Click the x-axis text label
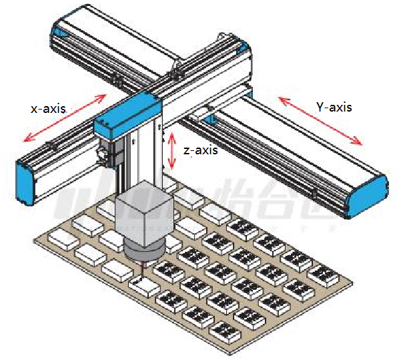coord(51,108)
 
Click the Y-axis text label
coord(333,107)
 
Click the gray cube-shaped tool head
coord(143,214)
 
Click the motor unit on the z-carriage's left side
coord(105,151)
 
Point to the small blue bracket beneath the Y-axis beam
coord(210,120)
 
